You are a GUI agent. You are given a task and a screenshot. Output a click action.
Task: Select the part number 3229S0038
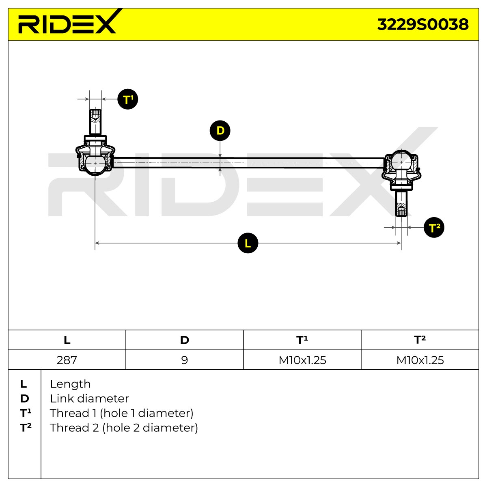coord(423,24)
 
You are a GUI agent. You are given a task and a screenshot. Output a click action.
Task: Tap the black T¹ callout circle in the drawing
coord(127,99)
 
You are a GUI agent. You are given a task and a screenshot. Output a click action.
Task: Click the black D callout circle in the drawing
coord(220,130)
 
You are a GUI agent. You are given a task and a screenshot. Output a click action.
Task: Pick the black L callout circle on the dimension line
coord(248,243)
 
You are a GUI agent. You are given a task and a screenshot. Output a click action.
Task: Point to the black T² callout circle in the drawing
coord(434,227)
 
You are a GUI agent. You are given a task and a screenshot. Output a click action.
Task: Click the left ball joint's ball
coord(95,164)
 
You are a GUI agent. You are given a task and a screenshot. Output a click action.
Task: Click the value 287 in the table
coord(67,360)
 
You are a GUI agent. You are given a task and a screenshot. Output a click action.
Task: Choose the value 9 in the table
coord(185,360)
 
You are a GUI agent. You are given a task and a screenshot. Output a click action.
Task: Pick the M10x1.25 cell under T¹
coord(302,360)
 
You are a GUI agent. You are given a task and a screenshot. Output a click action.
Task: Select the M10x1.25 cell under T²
coord(420,360)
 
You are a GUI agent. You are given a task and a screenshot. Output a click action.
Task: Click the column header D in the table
coord(185,340)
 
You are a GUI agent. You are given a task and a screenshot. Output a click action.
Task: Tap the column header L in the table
coord(67,340)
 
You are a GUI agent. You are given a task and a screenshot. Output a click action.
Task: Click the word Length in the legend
coord(70,384)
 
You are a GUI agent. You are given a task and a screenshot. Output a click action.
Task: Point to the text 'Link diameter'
coord(89,399)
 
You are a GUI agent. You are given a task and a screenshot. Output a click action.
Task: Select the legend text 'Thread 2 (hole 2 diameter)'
coord(124,428)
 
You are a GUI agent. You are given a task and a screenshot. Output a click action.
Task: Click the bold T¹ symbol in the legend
coord(26,413)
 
